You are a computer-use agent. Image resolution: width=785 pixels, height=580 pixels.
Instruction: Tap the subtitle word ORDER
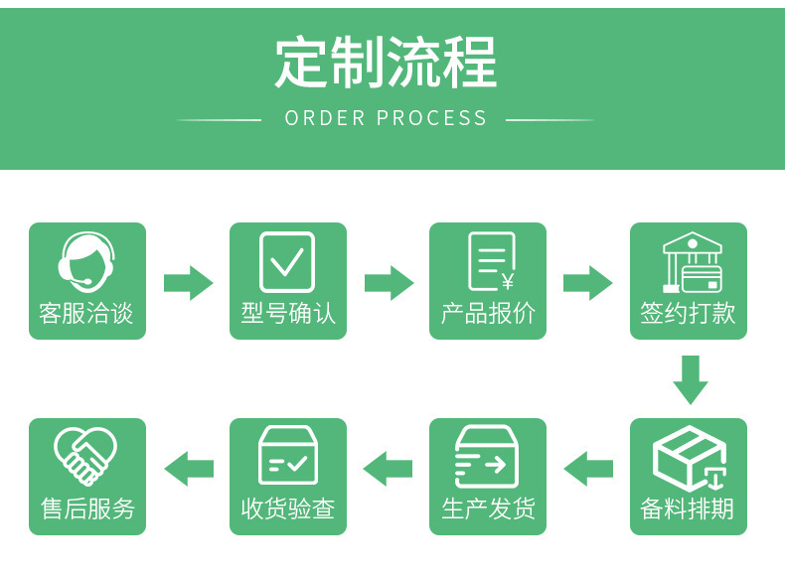[325, 118]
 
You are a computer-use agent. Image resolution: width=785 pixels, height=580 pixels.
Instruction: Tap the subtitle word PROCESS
[432, 118]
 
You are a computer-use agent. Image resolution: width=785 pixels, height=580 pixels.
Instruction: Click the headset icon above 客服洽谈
[86, 261]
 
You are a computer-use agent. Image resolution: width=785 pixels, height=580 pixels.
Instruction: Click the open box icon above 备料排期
[690, 458]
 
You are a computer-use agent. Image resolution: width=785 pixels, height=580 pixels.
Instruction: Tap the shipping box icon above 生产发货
[487, 457]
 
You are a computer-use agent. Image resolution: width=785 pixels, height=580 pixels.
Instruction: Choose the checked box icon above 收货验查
[287, 456]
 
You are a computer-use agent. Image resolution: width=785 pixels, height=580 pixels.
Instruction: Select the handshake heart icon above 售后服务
[85, 456]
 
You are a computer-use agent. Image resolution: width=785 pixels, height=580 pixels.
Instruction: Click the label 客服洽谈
[86, 314]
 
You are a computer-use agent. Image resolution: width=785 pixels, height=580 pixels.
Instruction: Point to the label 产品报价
[488, 314]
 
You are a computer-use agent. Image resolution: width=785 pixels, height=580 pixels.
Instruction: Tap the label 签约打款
[689, 314]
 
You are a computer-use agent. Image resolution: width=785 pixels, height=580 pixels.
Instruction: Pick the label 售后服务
[87, 509]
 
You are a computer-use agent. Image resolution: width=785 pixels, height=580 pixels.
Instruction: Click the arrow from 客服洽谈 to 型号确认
[188, 283]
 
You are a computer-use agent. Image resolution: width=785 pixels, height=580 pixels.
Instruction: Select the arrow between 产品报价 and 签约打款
[588, 283]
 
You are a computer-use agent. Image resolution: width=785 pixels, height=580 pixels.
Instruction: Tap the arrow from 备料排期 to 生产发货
[588, 469]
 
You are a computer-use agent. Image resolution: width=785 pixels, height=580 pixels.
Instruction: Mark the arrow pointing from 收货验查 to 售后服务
[188, 469]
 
